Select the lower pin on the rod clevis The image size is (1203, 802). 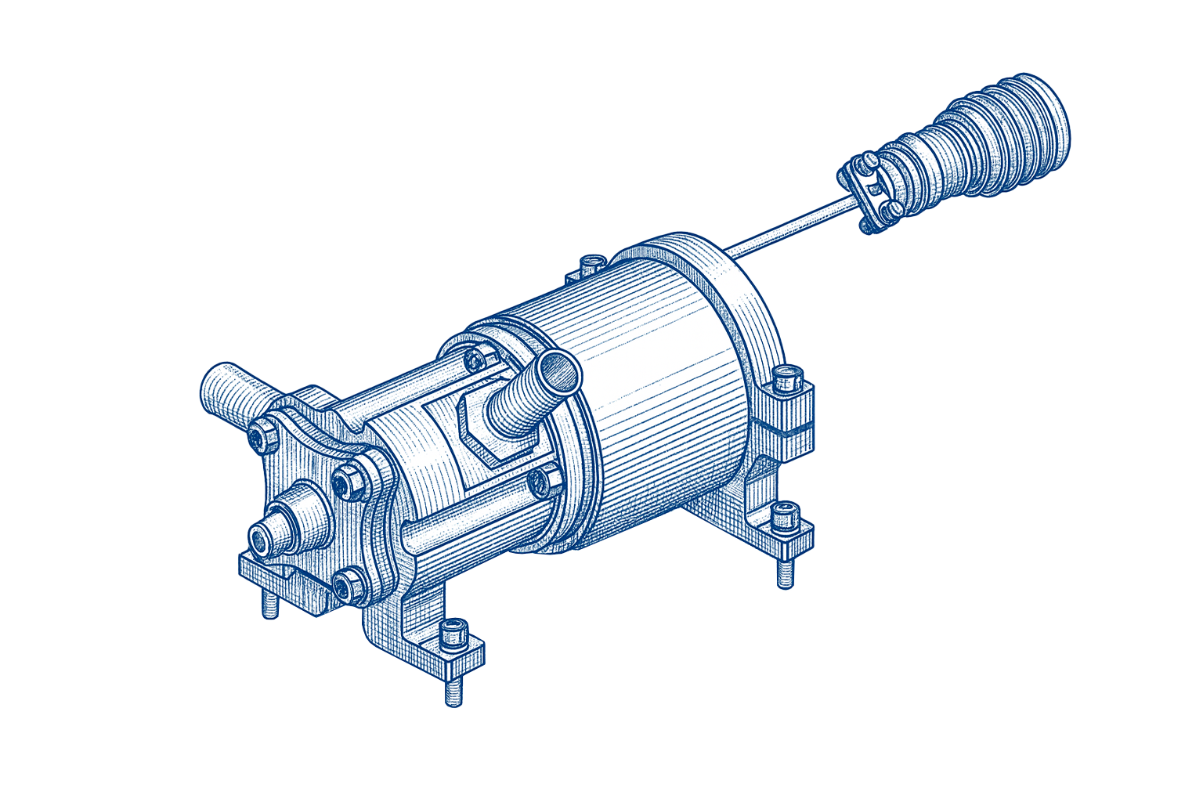click(892, 209)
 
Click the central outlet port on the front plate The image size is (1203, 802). click(260, 539)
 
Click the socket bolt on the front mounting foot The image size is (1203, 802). click(454, 633)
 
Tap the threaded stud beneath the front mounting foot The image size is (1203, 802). click(453, 689)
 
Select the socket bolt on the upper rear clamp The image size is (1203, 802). click(786, 378)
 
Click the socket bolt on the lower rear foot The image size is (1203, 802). click(784, 517)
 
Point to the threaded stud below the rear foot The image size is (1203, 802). click(786, 576)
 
